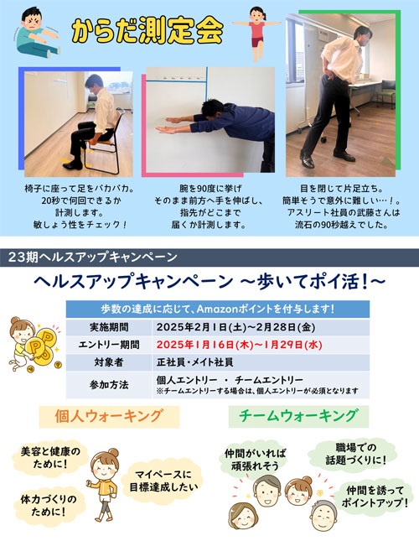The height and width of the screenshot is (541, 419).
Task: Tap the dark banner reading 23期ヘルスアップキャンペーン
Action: (x=209, y=257)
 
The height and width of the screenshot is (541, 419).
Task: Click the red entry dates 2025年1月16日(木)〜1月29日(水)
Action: (x=239, y=345)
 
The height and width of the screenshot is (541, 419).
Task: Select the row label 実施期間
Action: (x=109, y=327)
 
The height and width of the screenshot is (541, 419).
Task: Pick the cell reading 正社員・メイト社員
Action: (x=194, y=362)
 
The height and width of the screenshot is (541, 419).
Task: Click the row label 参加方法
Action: (x=109, y=385)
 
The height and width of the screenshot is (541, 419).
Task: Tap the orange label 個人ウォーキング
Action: (x=109, y=417)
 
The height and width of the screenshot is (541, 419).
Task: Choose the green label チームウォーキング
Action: (x=298, y=416)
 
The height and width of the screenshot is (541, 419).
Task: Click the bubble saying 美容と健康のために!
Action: (x=50, y=457)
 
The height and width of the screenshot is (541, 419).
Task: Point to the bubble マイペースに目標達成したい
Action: (x=163, y=481)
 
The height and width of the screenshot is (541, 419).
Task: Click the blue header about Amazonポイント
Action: (x=218, y=309)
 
